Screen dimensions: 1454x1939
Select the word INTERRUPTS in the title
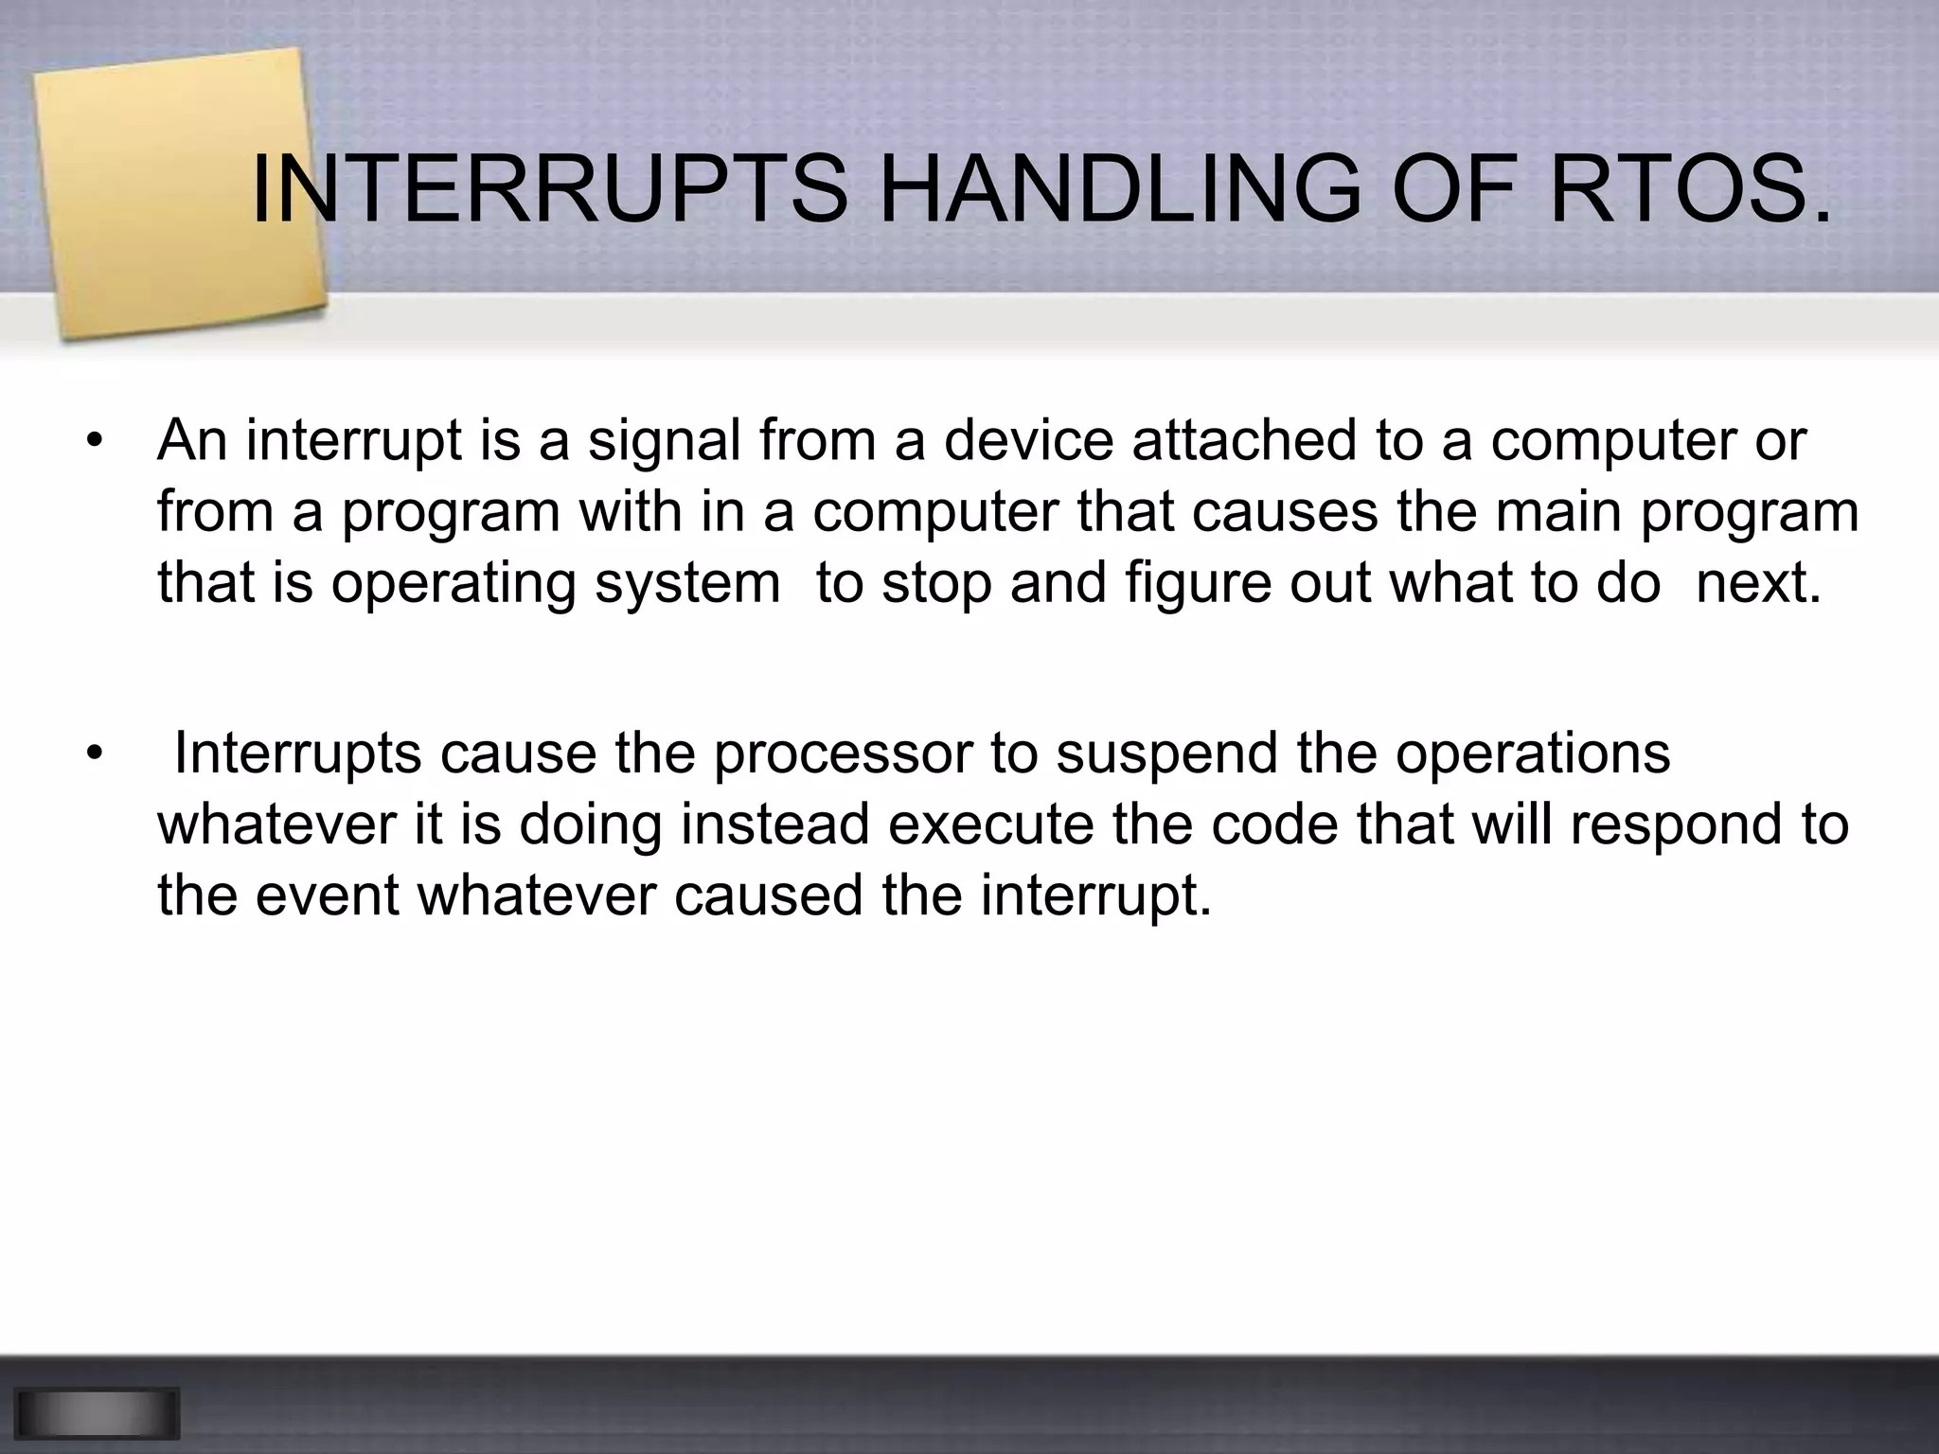click(549, 192)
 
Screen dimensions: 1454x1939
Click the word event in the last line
click(327, 895)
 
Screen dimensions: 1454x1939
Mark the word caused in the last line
click(768, 895)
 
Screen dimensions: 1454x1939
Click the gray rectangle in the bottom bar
click(97, 1413)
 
